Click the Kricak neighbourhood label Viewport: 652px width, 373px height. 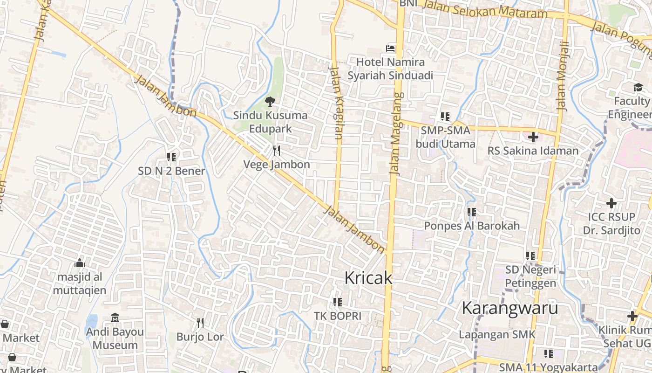pyautogui.click(x=368, y=278)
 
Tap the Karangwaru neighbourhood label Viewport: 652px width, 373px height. pyautogui.click(x=509, y=308)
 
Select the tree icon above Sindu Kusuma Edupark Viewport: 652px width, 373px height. pyautogui.click(x=270, y=101)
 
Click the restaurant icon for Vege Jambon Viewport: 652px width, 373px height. pyautogui.click(x=277, y=150)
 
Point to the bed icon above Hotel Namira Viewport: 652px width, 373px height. pyautogui.click(x=390, y=48)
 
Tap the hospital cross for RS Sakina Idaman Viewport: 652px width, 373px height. pyautogui.click(x=533, y=137)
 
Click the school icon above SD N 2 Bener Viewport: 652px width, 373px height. pyautogui.click(x=171, y=157)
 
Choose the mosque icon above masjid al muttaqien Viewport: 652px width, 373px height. pyautogui.click(x=80, y=263)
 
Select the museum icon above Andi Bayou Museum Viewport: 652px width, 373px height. pyautogui.click(x=115, y=318)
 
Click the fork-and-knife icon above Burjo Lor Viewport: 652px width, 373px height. pyautogui.click(x=200, y=323)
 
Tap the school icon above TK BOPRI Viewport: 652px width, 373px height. pyautogui.click(x=338, y=302)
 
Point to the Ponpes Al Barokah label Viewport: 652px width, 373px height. pyautogui.click(x=471, y=226)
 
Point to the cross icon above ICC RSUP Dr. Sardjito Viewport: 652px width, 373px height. pyautogui.click(x=611, y=203)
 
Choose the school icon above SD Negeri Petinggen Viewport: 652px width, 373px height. pyautogui.click(x=530, y=256)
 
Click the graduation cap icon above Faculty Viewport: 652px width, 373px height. pyautogui.click(x=638, y=87)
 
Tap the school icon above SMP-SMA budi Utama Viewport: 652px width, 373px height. pyautogui.click(x=445, y=117)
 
